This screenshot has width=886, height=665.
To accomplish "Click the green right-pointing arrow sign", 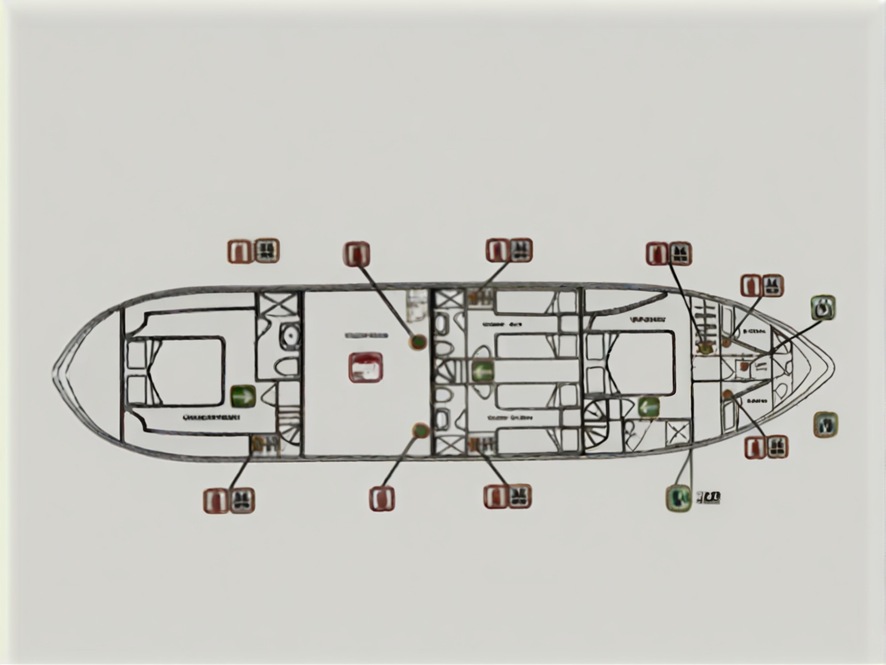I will (x=243, y=396).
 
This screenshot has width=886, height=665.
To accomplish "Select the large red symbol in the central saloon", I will (x=365, y=367).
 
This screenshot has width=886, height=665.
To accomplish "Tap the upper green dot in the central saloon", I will (x=418, y=342).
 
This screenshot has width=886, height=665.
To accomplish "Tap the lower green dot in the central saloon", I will (x=420, y=431).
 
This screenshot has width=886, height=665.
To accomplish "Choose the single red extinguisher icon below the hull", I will (x=382, y=498).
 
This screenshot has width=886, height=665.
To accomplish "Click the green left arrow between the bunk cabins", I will (x=482, y=371).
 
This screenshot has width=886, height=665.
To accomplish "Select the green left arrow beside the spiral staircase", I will (x=648, y=407).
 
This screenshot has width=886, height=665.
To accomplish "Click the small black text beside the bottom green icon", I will (x=708, y=497).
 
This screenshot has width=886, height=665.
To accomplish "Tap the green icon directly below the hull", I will (x=678, y=497).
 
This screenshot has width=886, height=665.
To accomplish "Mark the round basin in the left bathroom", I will (x=289, y=335).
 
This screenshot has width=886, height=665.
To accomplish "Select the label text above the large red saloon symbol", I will (x=366, y=336).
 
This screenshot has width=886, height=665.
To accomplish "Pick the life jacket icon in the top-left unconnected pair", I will (x=266, y=250).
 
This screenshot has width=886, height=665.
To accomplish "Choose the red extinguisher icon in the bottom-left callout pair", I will (x=216, y=500).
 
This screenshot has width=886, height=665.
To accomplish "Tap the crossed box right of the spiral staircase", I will (x=678, y=432).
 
